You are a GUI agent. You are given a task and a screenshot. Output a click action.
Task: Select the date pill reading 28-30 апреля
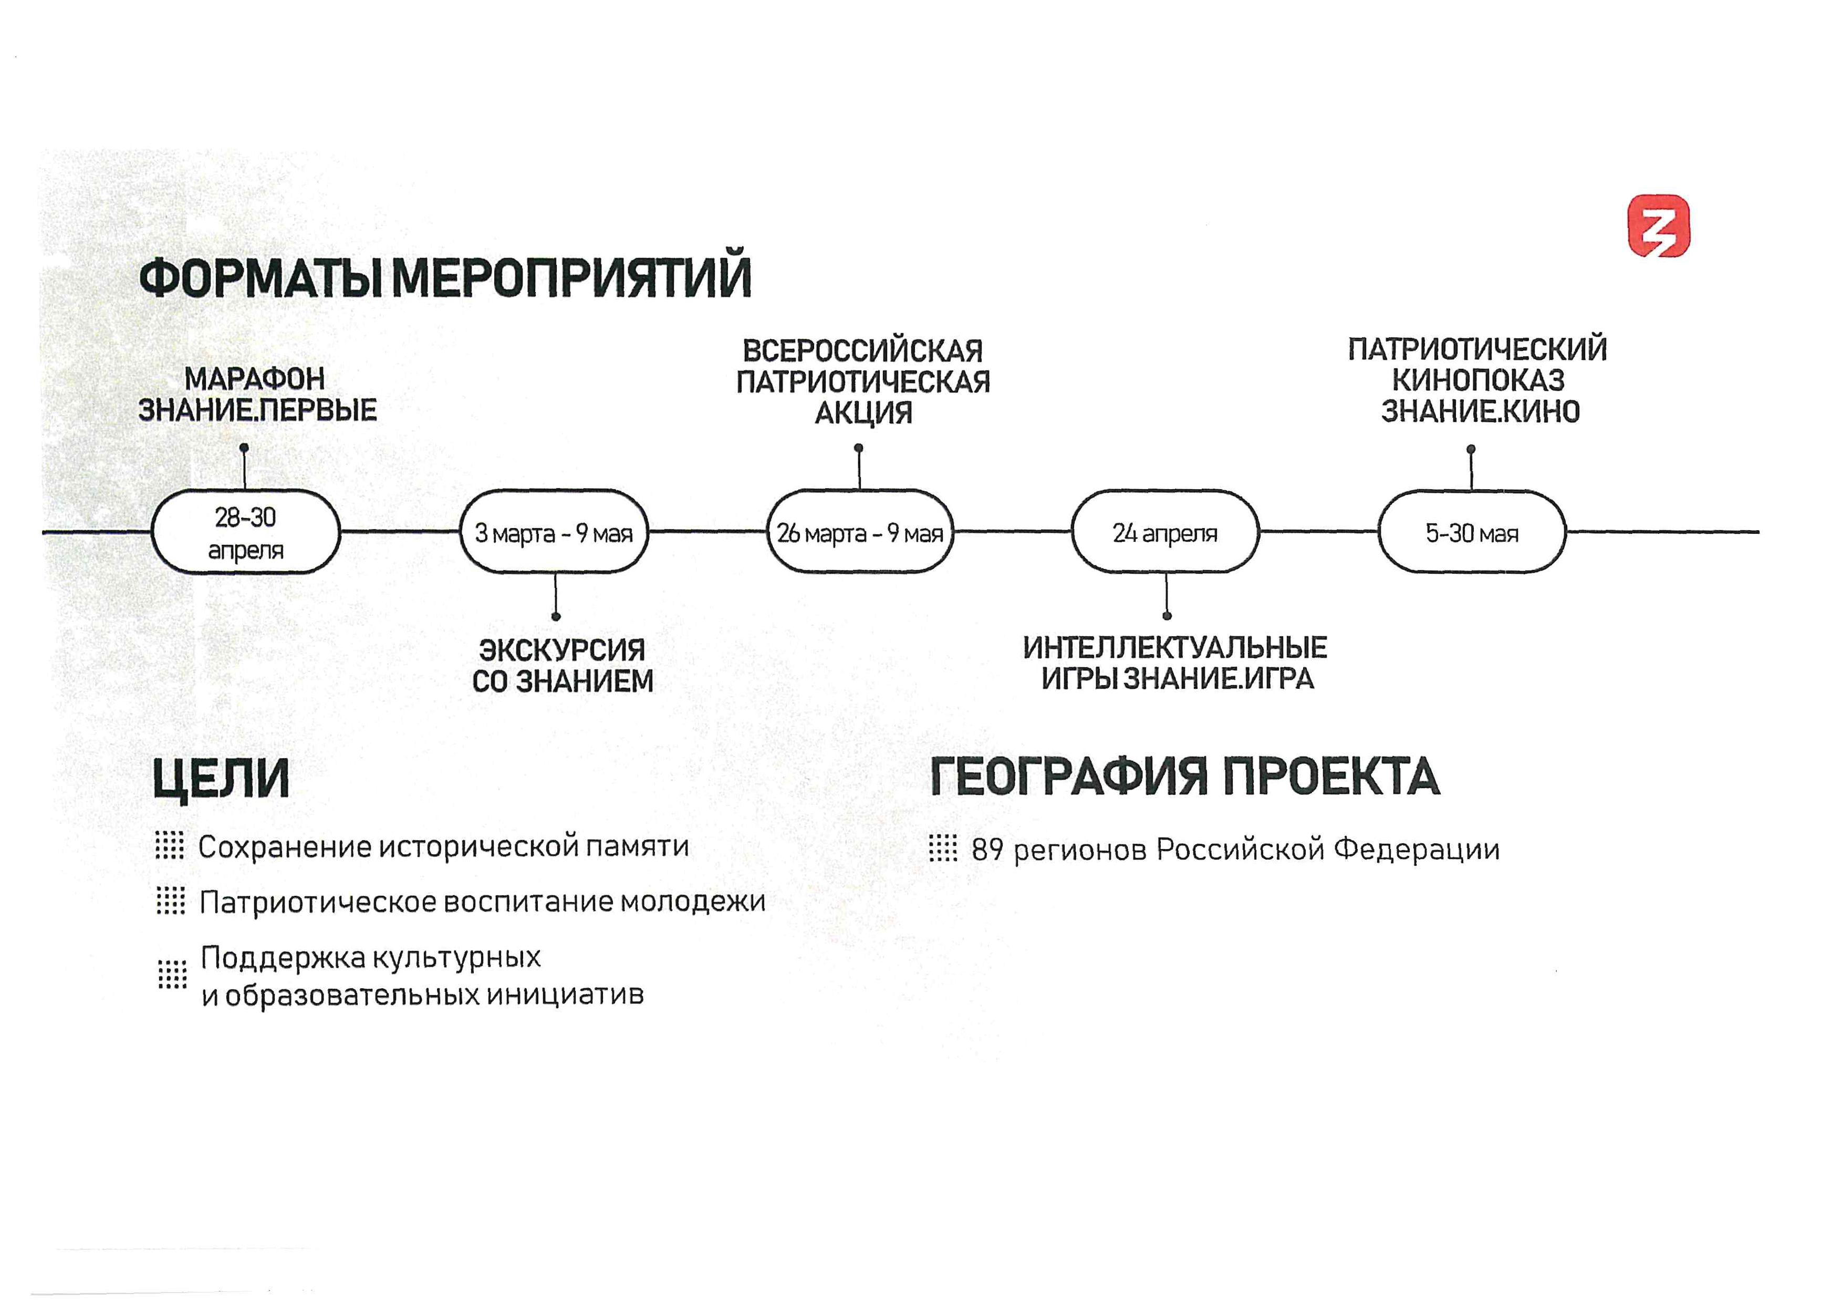245,532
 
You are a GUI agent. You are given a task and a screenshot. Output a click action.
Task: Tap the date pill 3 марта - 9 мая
554,532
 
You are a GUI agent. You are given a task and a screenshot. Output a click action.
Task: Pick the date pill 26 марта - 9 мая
860,532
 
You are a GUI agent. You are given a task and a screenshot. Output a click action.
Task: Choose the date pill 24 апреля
1165,532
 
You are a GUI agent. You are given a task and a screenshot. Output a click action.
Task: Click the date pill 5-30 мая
1472,532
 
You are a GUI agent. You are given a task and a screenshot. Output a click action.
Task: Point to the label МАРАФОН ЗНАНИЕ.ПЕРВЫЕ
257,394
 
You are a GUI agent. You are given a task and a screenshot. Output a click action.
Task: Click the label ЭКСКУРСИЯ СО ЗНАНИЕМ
563,665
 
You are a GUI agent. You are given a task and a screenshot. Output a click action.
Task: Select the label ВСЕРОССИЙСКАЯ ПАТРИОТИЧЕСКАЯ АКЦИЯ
863,382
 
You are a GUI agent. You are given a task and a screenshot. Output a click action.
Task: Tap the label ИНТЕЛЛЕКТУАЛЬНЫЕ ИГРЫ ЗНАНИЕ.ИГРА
1175,663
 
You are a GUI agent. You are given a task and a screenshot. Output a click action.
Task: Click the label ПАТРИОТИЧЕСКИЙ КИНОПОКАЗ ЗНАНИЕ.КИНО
1478,379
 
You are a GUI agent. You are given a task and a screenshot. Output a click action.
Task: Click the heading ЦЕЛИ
221,778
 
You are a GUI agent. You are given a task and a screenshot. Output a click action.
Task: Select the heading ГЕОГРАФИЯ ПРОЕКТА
1185,776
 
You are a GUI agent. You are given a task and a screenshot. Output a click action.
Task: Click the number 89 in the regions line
987,850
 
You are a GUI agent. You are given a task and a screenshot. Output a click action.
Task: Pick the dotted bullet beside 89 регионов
943,848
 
